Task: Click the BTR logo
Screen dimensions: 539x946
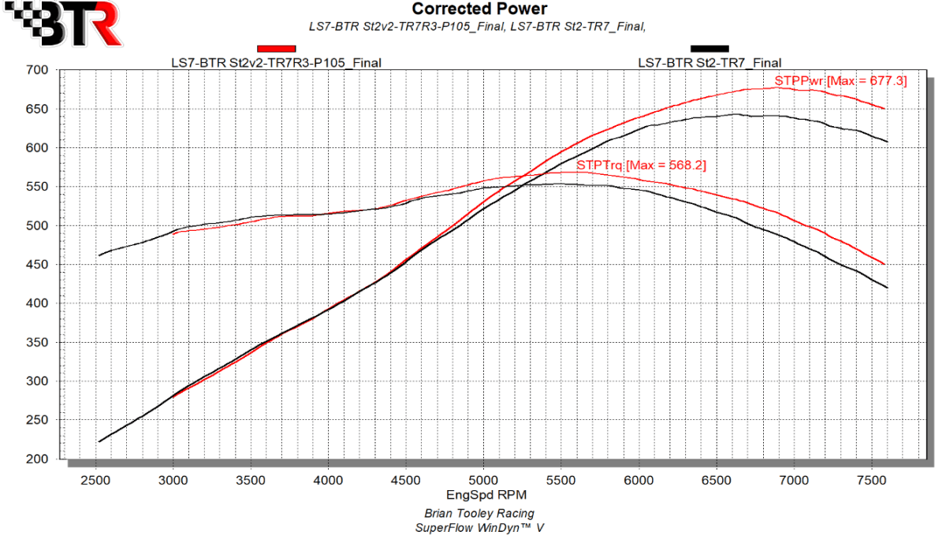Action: (x=62, y=24)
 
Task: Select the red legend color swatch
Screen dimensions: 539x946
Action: (x=276, y=49)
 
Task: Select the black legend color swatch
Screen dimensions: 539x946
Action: (x=709, y=49)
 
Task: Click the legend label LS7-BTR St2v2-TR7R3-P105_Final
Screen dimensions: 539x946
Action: (x=277, y=62)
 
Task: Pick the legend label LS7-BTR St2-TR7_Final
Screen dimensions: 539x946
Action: (x=709, y=62)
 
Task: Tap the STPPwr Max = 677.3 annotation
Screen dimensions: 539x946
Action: (x=840, y=80)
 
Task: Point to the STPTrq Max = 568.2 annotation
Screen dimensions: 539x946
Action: (x=640, y=166)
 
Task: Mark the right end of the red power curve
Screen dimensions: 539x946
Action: (x=885, y=109)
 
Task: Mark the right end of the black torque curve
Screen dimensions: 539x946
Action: (x=888, y=288)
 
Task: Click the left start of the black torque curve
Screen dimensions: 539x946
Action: (x=99, y=255)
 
